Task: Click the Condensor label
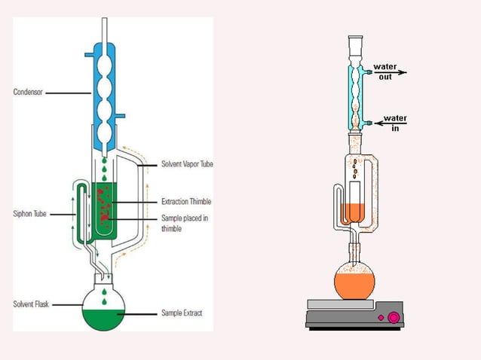(x=27, y=93)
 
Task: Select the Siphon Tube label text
(x=29, y=214)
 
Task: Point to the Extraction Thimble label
(x=186, y=202)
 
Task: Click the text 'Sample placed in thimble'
(x=185, y=222)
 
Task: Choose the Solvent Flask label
(x=31, y=304)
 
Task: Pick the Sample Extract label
(x=182, y=312)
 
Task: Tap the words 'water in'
(x=394, y=123)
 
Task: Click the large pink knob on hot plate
(x=393, y=318)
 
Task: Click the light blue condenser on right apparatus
(x=354, y=94)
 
